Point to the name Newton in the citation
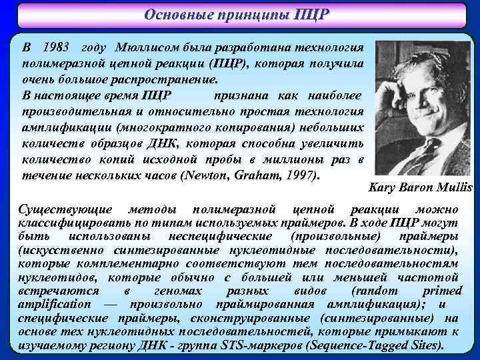[205, 176]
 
